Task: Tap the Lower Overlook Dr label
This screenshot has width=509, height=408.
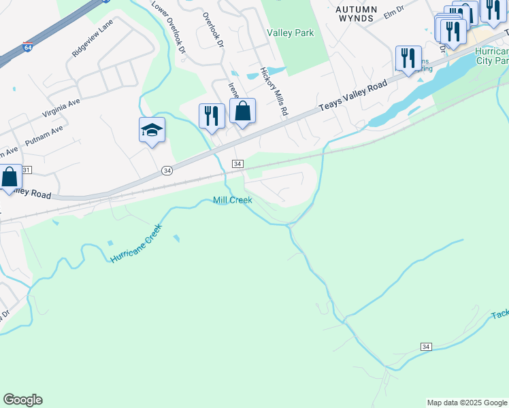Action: click(x=167, y=27)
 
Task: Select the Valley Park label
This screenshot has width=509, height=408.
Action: click(x=291, y=33)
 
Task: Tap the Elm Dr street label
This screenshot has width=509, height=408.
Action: click(x=394, y=13)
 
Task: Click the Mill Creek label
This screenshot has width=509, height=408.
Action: click(x=232, y=200)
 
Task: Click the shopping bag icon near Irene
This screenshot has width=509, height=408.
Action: click(x=242, y=112)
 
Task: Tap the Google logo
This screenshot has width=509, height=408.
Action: click(x=22, y=400)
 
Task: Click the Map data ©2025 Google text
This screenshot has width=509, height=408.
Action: click(x=467, y=403)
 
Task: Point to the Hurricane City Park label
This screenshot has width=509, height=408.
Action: click(x=492, y=56)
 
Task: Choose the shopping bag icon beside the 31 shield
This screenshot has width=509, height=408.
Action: click(x=10, y=177)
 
